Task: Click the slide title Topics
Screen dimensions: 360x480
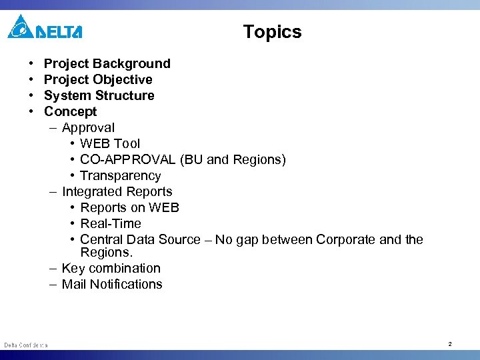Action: (272, 32)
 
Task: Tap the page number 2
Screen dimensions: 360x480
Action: (450, 344)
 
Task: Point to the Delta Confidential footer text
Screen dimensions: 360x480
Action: (25, 345)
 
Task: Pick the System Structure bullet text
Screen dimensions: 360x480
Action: (99, 96)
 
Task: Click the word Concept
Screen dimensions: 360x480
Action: (70, 112)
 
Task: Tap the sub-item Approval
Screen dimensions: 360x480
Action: (88, 128)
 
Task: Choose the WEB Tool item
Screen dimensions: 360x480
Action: (110, 144)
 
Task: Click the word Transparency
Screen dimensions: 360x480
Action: (120, 176)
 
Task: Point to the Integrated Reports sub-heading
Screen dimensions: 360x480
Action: (117, 192)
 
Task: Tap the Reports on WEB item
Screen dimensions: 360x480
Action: (129, 208)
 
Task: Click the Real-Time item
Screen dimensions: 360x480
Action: (111, 224)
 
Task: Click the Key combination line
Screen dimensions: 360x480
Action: (111, 269)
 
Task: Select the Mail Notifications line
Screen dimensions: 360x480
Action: (112, 285)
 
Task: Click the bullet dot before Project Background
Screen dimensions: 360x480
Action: (32, 64)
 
